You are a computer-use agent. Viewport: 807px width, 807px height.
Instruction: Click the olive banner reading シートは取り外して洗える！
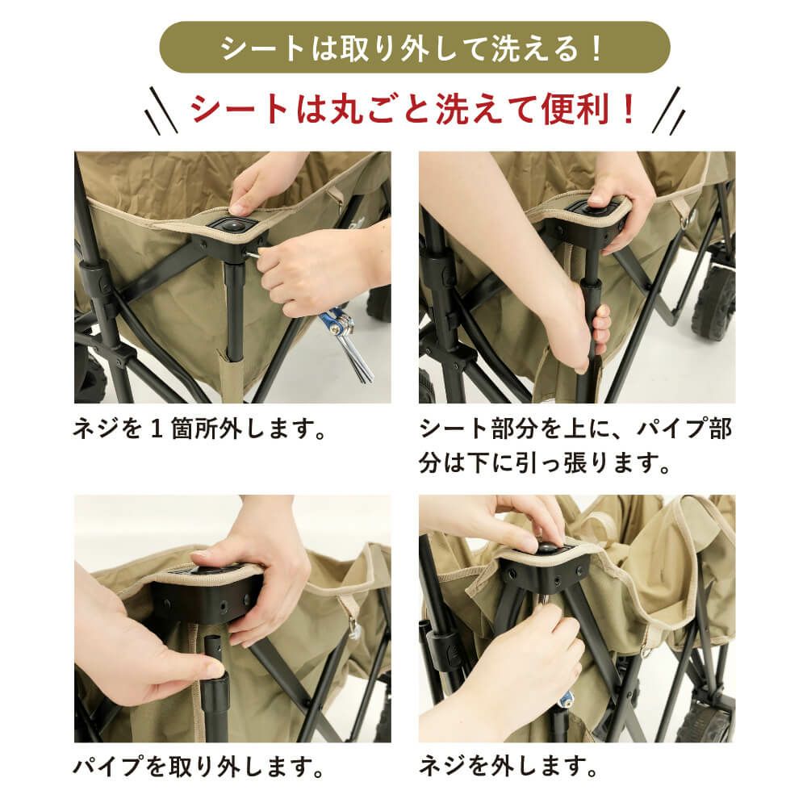click(x=414, y=48)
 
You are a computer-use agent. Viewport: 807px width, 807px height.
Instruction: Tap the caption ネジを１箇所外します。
click(x=200, y=429)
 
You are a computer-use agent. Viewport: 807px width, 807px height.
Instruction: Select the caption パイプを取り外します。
click(x=199, y=767)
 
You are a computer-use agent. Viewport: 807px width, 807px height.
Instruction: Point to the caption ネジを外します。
click(x=508, y=767)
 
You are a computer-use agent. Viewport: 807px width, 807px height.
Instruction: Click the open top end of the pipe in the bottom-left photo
click(x=211, y=638)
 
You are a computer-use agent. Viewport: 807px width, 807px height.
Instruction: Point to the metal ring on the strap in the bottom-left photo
click(x=354, y=628)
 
